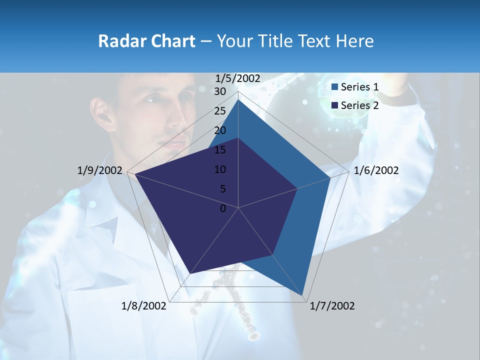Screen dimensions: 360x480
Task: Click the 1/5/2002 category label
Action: [x=238, y=78]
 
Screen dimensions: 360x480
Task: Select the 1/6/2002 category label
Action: [x=376, y=170]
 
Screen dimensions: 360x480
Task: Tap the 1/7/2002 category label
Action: [x=332, y=306]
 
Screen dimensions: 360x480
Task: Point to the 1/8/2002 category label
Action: [x=144, y=306]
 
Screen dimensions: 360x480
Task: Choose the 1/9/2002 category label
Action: [x=99, y=170]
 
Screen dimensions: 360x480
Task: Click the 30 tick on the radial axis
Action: [x=220, y=91]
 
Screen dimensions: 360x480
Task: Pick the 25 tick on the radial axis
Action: [x=220, y=111]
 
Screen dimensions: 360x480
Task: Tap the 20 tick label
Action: [x=220, y=130]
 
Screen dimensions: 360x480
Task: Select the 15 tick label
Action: [x=220, y=150]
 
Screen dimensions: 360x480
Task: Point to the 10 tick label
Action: [x=220, y=169]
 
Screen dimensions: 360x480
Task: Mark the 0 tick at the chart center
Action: [x=223, y=208]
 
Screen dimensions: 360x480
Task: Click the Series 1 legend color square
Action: [x=334, y=87]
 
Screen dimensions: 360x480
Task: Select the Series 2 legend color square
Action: [x=334, y=105]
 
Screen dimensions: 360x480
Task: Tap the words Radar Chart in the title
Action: [x=146, y=41]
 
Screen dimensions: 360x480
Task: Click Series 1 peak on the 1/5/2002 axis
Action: [x=238, y=99]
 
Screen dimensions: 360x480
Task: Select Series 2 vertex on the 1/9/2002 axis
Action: [x=135, y=174]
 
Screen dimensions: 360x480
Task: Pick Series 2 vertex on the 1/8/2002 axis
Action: [x=190, y=273]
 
